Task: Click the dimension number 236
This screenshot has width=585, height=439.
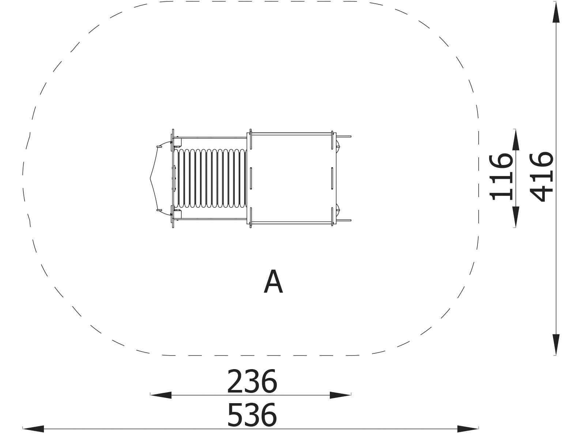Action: point(252,382)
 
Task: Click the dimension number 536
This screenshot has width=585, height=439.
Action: point(252,415)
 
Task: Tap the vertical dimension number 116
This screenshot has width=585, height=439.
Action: point(501,177)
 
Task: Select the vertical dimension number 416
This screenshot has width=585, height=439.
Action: point(541,177)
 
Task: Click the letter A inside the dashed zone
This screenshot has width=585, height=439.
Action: point(273,281)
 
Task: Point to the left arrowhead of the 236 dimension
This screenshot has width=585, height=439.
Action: point(161,395)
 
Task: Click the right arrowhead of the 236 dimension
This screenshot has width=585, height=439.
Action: point(340,395)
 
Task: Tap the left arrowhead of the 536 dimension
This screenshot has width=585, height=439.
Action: point(33,429)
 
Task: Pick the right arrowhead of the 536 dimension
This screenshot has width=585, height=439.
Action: point(468,429)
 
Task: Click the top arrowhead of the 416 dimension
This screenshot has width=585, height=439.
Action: point(556,12)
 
